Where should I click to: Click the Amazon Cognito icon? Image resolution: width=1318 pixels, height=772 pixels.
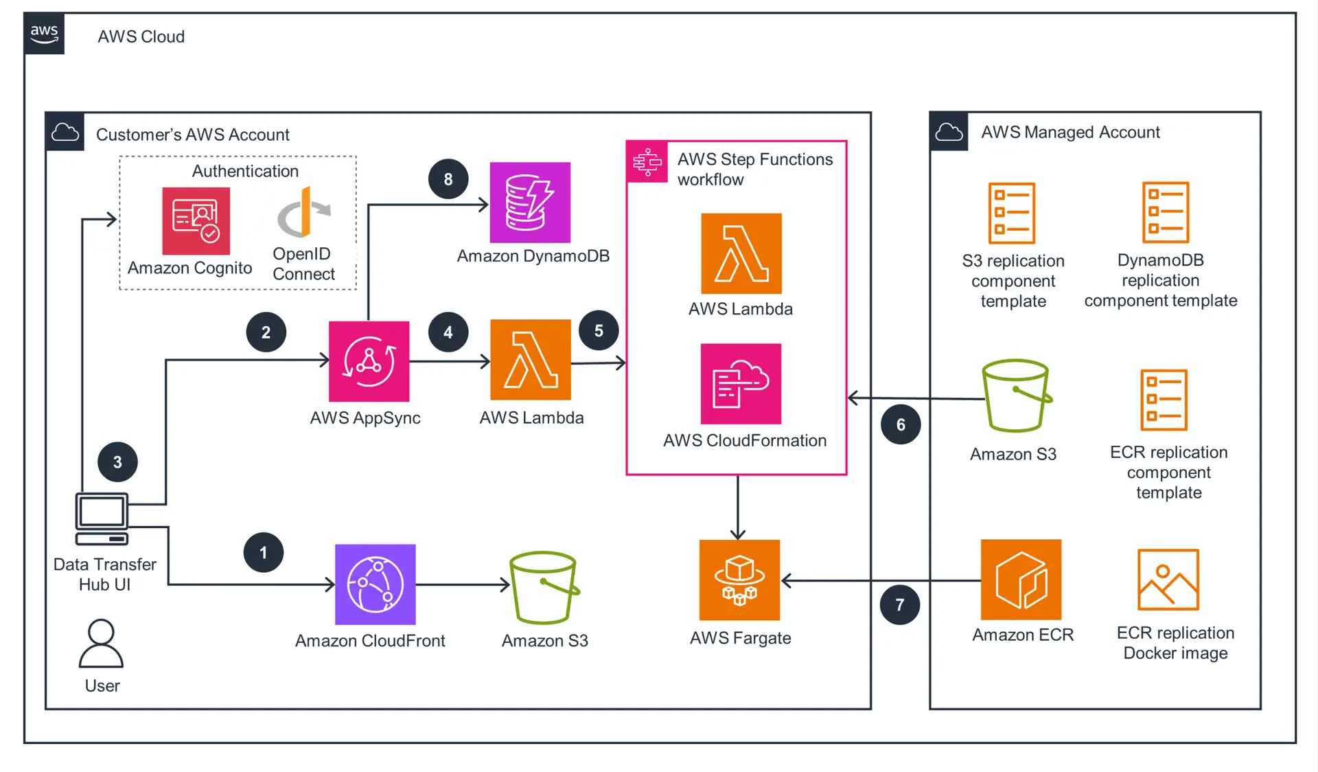pos(196,220)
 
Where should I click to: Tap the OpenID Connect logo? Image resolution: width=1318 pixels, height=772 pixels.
pos(303,212)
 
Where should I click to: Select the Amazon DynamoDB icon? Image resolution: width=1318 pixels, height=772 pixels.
pos(530,203)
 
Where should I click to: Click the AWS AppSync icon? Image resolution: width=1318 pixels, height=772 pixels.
pos(369,361)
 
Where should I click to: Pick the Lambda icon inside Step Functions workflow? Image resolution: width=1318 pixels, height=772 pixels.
pos(741,253)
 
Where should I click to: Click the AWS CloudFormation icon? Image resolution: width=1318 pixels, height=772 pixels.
pos(741,384)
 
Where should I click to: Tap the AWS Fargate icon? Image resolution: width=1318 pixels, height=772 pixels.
pos(739,580)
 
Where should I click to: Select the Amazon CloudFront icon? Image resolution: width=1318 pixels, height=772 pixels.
pos(375,584)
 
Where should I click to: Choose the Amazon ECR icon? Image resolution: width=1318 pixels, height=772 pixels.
pos(1021,580)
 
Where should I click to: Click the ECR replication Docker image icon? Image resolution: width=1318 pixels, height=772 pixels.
pos(1168,580)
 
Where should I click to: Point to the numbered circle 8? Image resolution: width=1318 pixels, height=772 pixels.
pos(448,179)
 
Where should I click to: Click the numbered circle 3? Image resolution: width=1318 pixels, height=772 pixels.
pos(117,462)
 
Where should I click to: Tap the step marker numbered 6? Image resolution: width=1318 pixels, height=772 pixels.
pos(901,424)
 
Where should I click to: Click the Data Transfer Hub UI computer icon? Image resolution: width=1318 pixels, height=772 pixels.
pos(102,519)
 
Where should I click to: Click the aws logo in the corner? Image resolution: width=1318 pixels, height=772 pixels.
pos(44,33)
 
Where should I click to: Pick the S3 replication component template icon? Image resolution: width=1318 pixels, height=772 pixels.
pos(1011,213)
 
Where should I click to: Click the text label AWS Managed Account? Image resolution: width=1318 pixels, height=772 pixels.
pos(1070,132)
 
